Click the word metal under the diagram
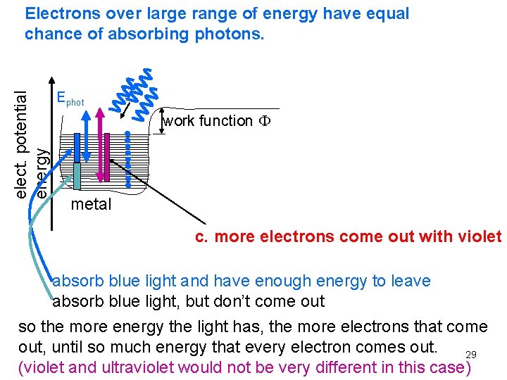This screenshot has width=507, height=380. pyautogui.click(x=91, y=205)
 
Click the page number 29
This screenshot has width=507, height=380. pyautogui.click(x=471, y=355)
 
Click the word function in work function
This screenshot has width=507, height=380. pyautogui.click(x=225, y=121)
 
